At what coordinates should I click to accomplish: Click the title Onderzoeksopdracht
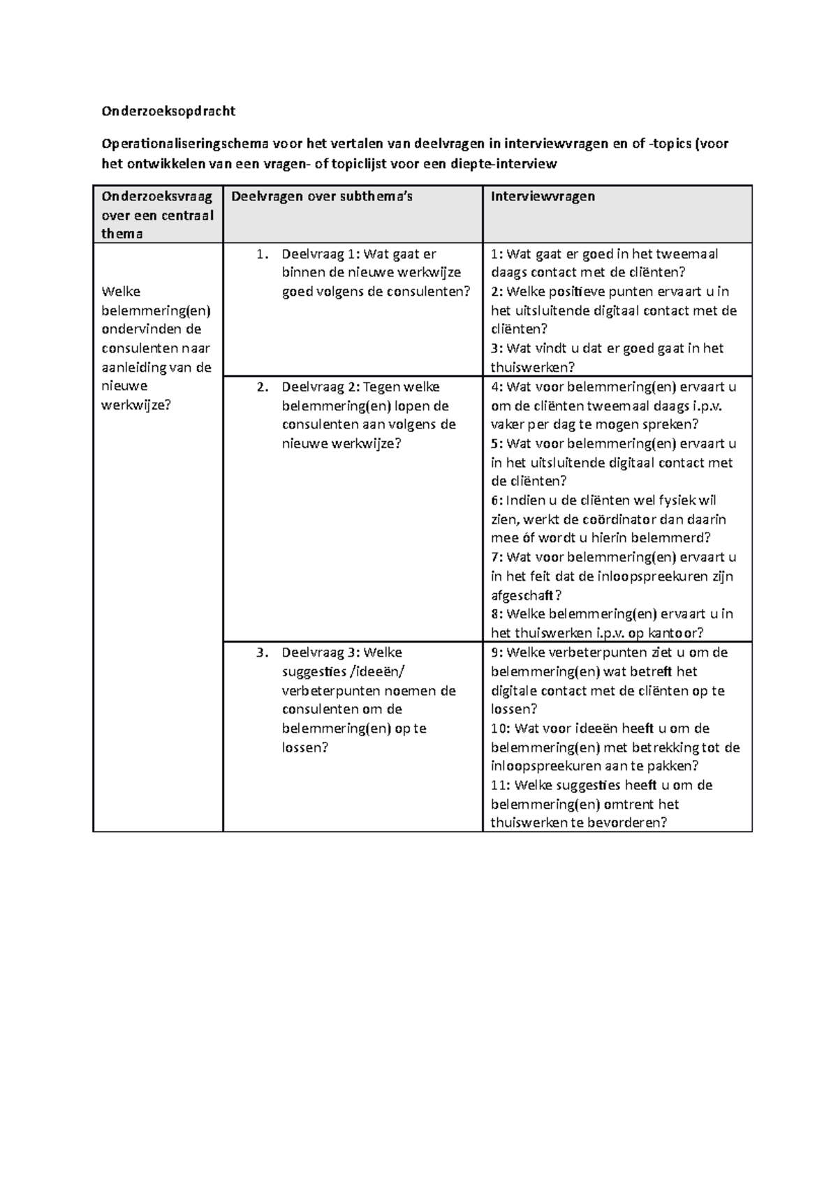coord(168,111)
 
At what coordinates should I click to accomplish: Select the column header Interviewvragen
coord(543,197)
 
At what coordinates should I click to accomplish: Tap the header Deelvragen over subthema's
coord(322,197)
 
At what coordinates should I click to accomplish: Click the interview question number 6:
coord(497,501)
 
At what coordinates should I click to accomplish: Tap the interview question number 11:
coord(500,786)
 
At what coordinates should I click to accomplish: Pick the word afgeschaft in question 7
coord(522,596)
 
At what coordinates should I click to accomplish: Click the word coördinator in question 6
coord(620,520)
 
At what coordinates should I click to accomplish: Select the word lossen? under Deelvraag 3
coord(304,748)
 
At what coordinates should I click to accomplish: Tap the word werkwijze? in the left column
coord(135,405)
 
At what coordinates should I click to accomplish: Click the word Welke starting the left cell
coord(120,292)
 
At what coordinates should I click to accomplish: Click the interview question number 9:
coord(497,653)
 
